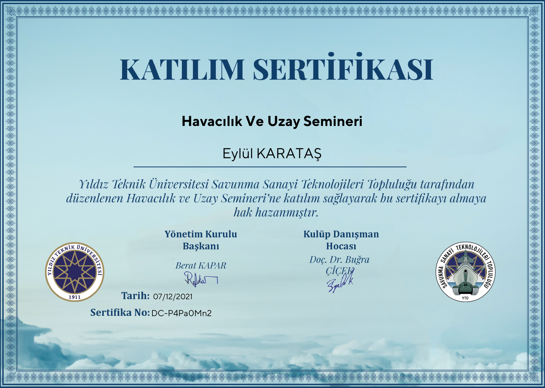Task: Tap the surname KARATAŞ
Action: coord(289,154)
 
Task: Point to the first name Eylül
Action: coord(238,154)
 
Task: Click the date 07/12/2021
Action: coord(173,296)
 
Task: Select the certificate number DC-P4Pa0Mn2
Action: coord(182,313)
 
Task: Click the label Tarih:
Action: coord(136,296)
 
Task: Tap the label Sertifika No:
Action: coord(120,312)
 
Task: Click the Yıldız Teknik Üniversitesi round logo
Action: coord(75,272)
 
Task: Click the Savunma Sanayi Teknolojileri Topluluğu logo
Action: coord(466,272)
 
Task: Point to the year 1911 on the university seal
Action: coord(75,297)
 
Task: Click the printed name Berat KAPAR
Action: coord(201,265)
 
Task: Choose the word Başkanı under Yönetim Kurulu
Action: coord(201,246)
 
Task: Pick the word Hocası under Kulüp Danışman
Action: coord(341,246)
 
